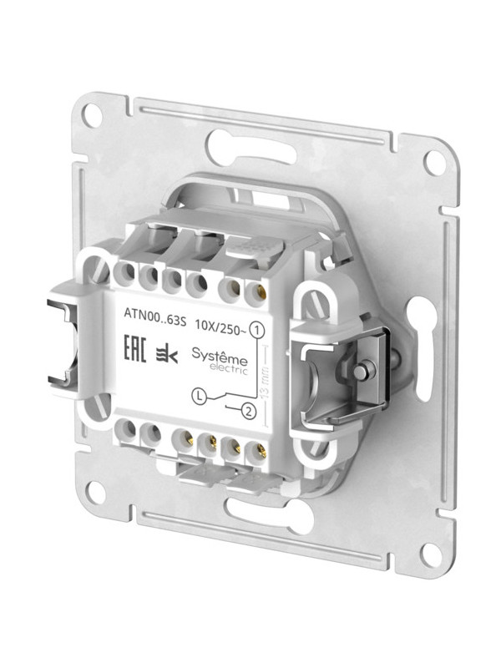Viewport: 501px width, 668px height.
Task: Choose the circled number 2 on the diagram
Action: point(247,410)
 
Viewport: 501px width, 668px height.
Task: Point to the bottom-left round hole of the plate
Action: point(95,492)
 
